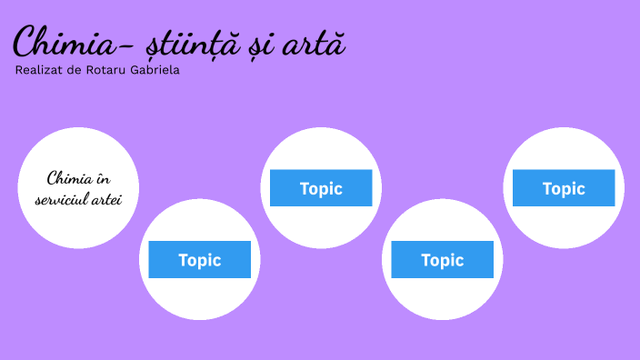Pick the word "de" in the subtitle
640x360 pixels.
(81, 70)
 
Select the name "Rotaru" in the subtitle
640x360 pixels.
(115, 70)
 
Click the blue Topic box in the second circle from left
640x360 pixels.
(200, 260)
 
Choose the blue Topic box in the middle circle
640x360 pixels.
(321, 188)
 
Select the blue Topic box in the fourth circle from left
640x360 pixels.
(443, 260)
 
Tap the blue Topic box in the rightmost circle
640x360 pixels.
(564, 188)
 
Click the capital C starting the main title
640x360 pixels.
(25, 43)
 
